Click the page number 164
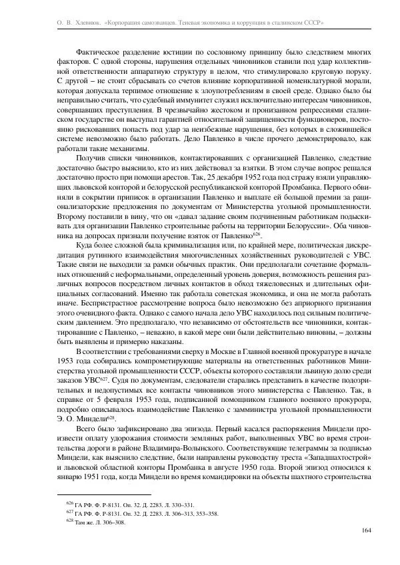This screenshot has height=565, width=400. [365, 530]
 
